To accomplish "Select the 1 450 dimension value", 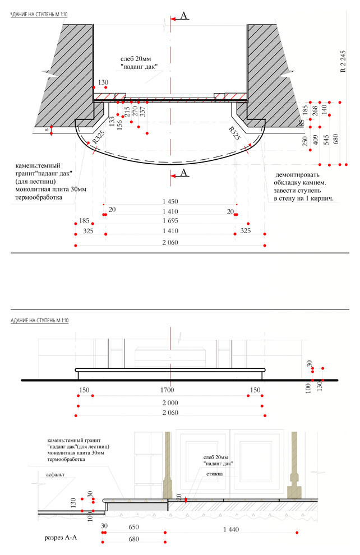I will (x=170, y=201).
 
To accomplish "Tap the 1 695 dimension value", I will (x=170, y=221).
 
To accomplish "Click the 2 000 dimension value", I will (x=169, y=403).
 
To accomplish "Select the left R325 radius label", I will (x=99, y=136).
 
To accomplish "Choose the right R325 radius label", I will (x=234, y=134).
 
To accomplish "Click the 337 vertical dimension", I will (x=142, y=113).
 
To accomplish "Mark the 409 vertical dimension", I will (x=315, y=140).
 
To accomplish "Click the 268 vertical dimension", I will (x=315, y=111).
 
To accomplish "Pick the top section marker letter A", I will (x=183, y=16).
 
